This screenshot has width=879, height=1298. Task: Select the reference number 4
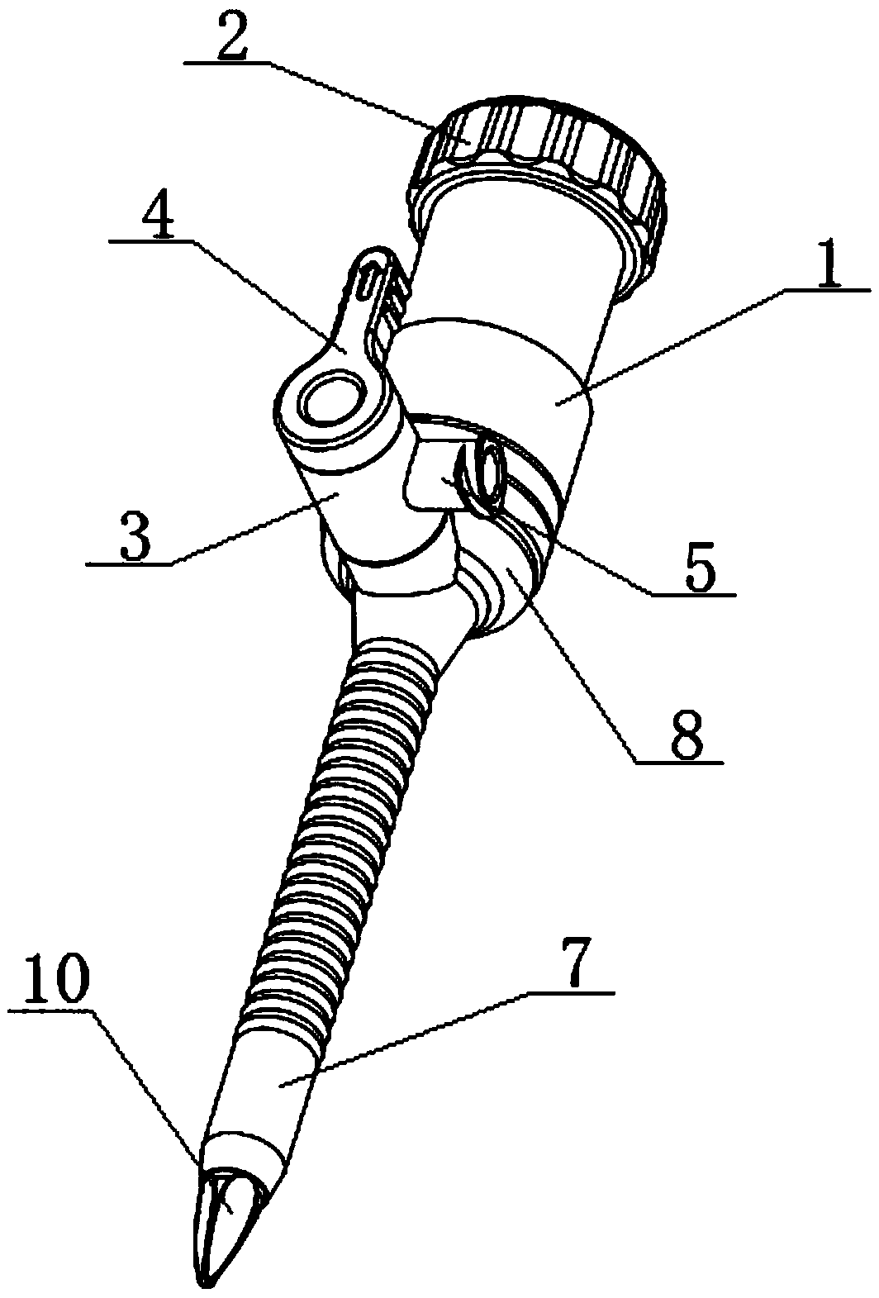pyautogui.click(x=156, y=217)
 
